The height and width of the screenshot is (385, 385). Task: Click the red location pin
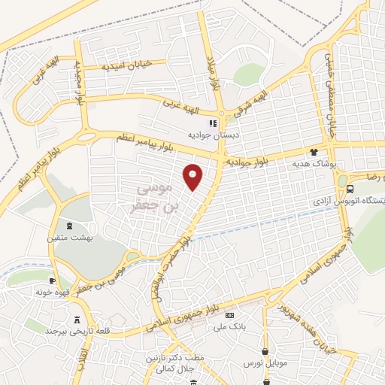[194, 176]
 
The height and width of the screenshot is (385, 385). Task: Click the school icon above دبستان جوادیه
[213, 123]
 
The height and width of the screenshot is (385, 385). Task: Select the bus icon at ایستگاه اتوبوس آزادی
[352, 189]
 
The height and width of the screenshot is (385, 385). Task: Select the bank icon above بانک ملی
[229, 315]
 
